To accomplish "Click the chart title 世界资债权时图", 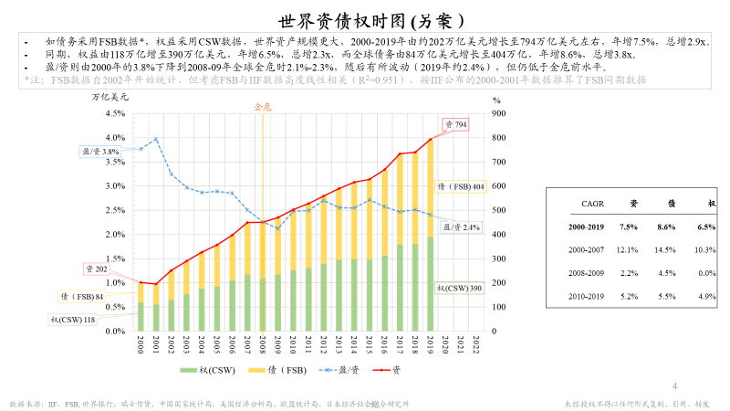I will [x=365, y=19].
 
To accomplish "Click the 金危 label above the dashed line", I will [x=262, y=107].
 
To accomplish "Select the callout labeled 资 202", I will [x=97, y=269].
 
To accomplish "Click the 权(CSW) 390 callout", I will [x=459, y=288].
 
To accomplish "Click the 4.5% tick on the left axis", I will [x=115, y=113].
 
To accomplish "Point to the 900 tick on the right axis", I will [x=498, y=113].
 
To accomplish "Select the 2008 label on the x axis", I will [x=262, y=342].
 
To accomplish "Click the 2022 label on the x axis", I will [x=475, y=342].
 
